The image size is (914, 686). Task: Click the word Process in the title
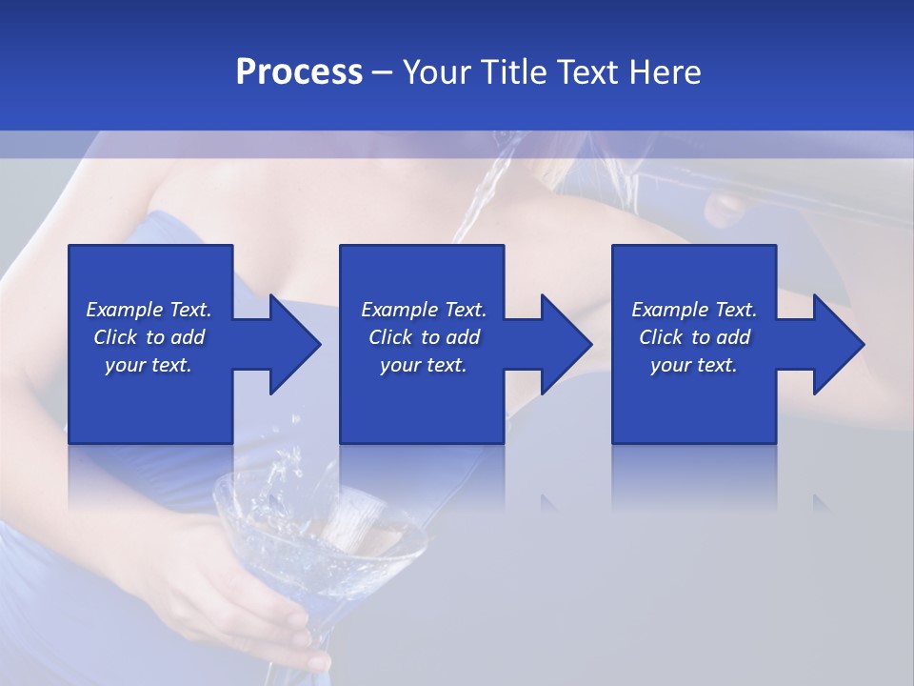click(299, 72)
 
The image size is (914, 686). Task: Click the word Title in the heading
click(509, 72)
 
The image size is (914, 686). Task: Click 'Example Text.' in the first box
click(149, 310)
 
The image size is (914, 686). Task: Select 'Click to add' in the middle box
click(424, 337)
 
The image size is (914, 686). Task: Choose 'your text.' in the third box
click(694, 365)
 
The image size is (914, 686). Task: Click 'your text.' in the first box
click(149, 365)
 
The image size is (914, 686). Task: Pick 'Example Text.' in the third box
click(694, 310)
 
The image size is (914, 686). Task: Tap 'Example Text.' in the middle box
click(424, 310)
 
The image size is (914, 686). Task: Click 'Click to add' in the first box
click(149, 337)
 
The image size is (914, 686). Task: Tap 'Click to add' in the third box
click(694, 337)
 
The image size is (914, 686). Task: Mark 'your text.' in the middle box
click(424, 365)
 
